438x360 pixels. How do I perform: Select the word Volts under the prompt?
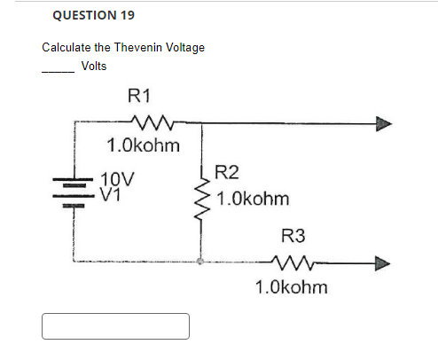point(94,66)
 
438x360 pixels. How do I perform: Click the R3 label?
point(293,236)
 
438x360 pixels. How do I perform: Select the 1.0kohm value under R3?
point(291,287)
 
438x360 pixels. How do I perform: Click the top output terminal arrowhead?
point(382,124)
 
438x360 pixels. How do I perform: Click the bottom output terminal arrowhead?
point(382,262)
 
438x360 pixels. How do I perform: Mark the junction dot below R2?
point(201,262)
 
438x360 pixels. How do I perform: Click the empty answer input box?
point(115,325)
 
